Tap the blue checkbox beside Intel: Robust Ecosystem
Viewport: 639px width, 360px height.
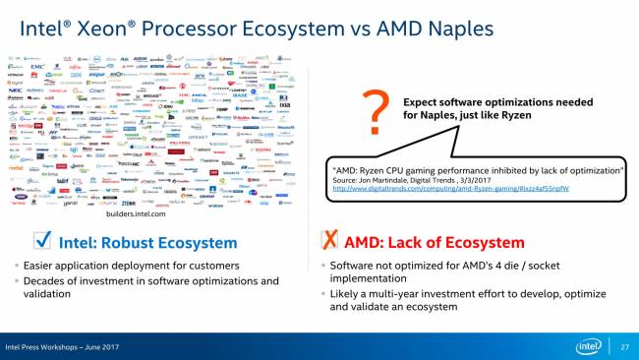(42, 241)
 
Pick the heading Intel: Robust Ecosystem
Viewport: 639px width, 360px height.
(152, 242)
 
